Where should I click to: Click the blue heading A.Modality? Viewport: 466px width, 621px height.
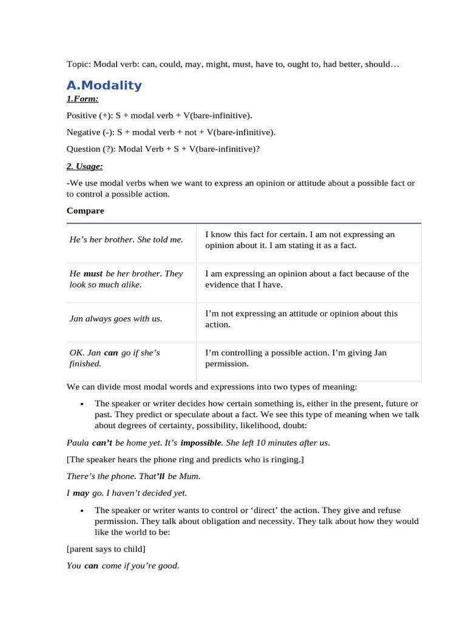tap(104, 85)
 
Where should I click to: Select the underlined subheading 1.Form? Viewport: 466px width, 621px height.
tap(83, 99)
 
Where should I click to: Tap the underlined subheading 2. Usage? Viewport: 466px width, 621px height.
tap(85, 166)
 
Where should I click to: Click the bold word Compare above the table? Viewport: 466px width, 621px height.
tap(85, 210)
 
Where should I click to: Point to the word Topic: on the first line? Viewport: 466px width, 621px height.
tap(79, 64)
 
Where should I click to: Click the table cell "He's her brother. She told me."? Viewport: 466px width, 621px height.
tap(126, 240)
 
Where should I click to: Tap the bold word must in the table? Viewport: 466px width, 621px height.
tap(93, 274)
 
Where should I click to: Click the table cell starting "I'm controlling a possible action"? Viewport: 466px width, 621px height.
tap(295, 358)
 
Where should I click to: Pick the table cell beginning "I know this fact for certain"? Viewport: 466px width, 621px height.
tap(300, 240)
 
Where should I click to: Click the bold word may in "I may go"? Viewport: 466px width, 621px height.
tap(81, 493)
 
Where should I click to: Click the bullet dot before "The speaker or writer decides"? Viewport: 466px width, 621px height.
tap(81, 404)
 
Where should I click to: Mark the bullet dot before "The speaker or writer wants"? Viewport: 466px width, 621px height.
tap(81, 511)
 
